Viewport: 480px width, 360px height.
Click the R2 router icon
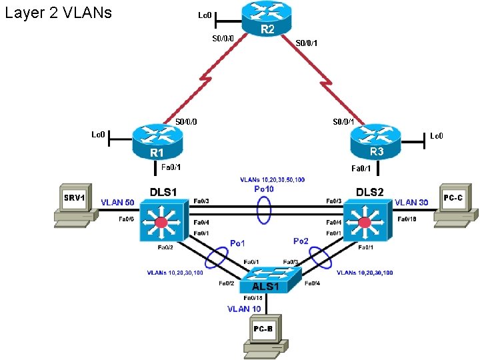click(x=267, y=19)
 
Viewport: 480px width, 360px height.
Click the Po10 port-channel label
click(x=265, y=189)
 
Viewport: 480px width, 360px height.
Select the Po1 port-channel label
click(x=237, y=243)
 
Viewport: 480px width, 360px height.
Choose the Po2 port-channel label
click(x=301, y=241)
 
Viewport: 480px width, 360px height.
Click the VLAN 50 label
click(x=117, y=202)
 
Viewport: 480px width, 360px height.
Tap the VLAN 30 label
click(x=411, y=202)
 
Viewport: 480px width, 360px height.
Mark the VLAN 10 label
click(x=244, y=309)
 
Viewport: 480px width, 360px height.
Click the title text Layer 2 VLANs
click(x=59, y=13)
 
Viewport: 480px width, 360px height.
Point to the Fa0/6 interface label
click(x=127, y=219)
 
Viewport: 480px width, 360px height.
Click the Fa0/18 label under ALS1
click(x=253, y=297)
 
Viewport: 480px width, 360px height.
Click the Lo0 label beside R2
click(x=205, y=15)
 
